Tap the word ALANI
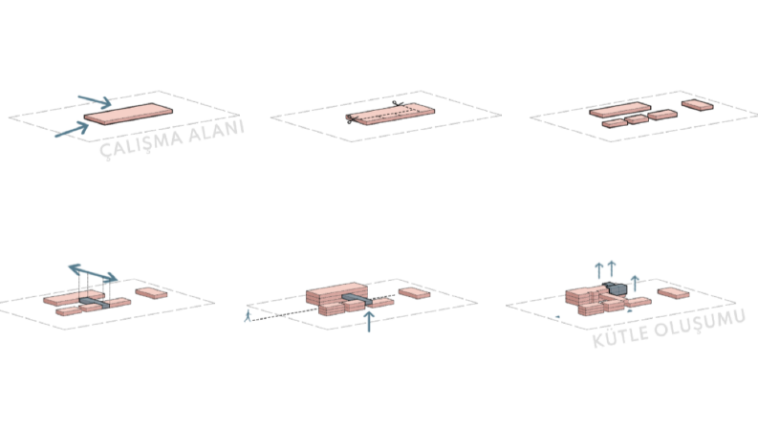216,131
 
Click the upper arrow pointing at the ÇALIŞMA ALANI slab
95,101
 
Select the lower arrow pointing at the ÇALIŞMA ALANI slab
72,130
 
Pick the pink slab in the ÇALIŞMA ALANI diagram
128,114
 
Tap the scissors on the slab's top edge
398,104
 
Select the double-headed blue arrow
93,273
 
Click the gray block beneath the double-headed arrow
95,304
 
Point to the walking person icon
248,316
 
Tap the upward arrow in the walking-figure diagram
369,322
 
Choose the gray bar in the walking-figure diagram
357,299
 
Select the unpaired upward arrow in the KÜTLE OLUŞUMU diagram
636,284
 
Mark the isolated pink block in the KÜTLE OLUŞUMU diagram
673,292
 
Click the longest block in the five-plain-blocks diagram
619,110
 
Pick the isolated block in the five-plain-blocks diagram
698,105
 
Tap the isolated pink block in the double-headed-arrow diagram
151,293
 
